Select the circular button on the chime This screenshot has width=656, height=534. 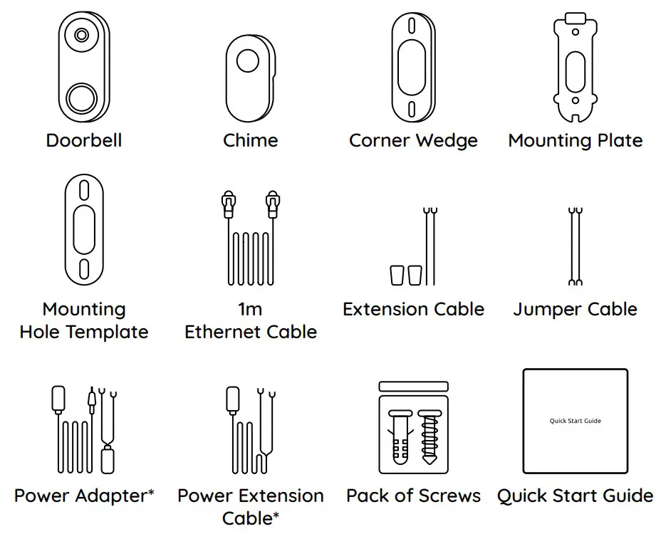pyautogui.click(x=248, y=61)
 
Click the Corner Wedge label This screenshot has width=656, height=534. pyautogui.click(x=413, y=140)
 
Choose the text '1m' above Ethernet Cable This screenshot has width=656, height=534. pyautogui.click(x=250, y=310)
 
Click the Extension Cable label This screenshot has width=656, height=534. pyautogui.click(x=413, y=310)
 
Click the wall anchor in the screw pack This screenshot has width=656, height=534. pyautogui.click(x=399, y=434)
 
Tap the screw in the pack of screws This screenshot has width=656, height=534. pyautogui.click(x=429, y=434)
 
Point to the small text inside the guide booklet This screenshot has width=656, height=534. pyautogui.click(x=575, y=421)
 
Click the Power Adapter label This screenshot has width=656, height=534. pyautogui.click(x=84, y=496)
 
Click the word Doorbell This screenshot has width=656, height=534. pyautogui.click(x=84, y=140)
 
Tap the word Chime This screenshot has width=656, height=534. pyautogui.click(x=250, y=140)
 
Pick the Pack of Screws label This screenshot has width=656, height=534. pyautogui.click(x=413, y=496)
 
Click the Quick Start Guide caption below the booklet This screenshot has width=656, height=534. pyautogui.click(x=575, y=496)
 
